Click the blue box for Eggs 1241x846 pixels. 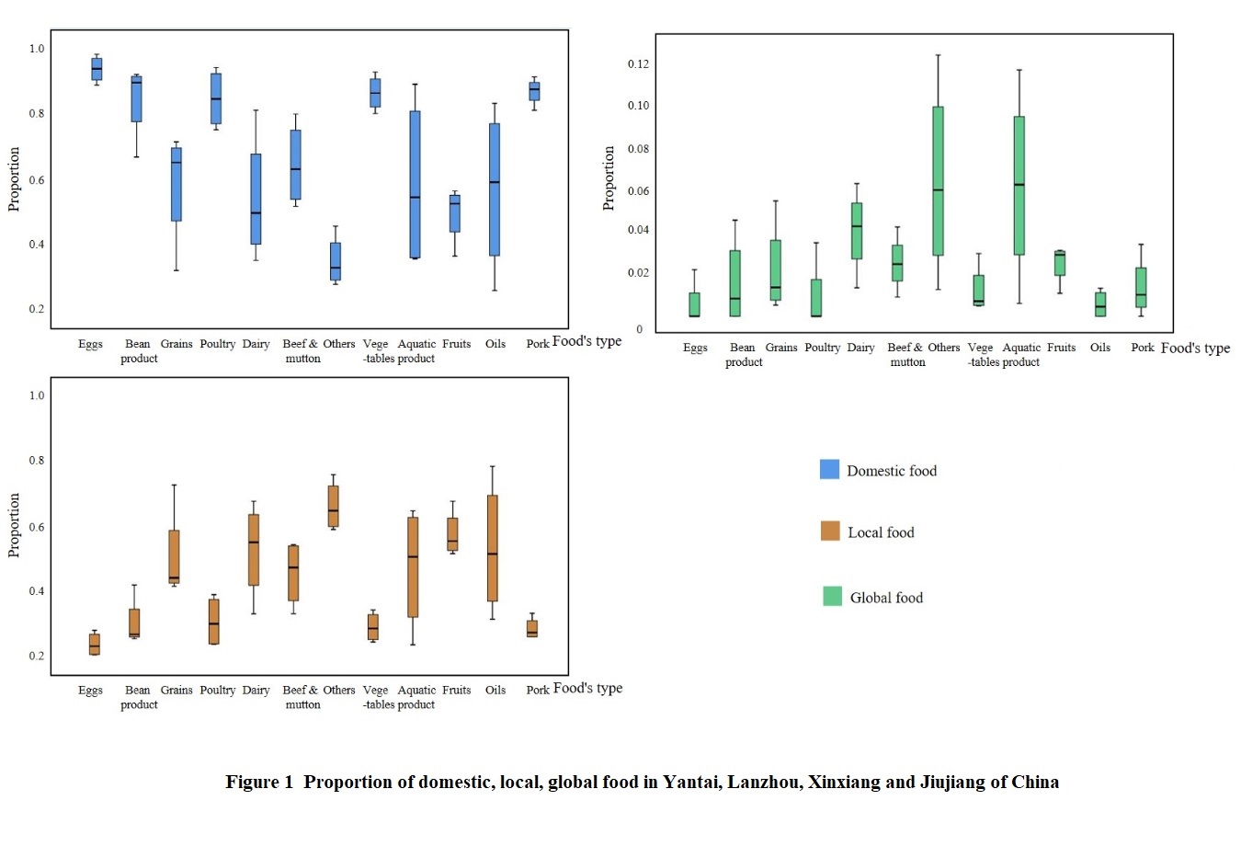click(x=97, y=69)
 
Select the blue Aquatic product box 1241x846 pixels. click(x=415, y=184)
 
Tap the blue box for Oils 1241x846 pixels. click(x=495, y=189)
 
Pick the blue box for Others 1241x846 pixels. click(x=336, y=261)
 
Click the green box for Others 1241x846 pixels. click(x=938, y=181)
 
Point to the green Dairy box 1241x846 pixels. click(x=857, y=231)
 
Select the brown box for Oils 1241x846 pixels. click(x=493, y=548)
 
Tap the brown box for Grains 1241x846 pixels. click(x=174, y=556)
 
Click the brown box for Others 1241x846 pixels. click(x=333, y=506)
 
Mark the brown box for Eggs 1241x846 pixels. click(x=95, y=644)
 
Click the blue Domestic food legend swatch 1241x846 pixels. click(x=829, y=470)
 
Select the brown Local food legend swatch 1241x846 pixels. click(x=830, y=532)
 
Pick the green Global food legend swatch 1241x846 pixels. click(x=832, y=597)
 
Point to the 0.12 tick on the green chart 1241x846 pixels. click(x=638, y=64)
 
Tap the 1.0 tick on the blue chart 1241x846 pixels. click(x=37, y=49)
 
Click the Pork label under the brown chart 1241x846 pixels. click(x=538, y=690)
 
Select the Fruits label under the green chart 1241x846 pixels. click(x=1061, y=348)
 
